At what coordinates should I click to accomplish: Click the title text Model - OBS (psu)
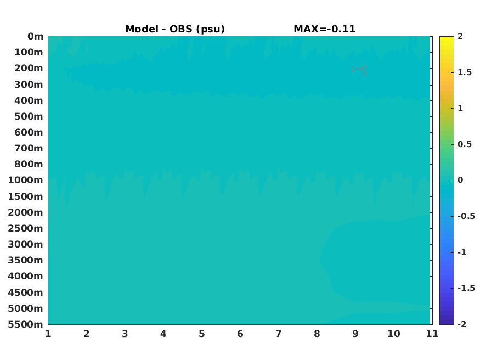point(175,29)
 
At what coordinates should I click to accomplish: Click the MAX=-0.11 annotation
point(325,29)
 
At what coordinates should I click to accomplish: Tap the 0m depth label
point(36,36)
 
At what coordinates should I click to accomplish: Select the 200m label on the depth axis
point(29,68)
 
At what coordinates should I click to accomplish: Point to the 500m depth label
point(29,116)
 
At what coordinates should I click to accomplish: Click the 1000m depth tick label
point(26,180)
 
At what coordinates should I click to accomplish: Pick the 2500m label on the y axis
point(26,228)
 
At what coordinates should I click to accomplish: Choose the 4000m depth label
point(26,276)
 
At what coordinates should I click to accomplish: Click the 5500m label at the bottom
point(26,324)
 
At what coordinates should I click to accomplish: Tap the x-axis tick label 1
point(48,334)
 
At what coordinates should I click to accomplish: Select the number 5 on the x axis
point(202,334)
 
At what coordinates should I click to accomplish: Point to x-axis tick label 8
point(317,334)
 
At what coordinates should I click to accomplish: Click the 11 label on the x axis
point(432,334)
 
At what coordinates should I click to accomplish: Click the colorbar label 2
point(460,36)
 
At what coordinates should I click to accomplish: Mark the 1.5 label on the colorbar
point(465,72)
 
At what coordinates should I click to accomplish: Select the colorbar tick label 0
point(460,180)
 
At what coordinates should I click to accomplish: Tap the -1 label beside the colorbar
point(462,252)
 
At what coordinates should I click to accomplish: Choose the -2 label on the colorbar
point(462,324)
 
